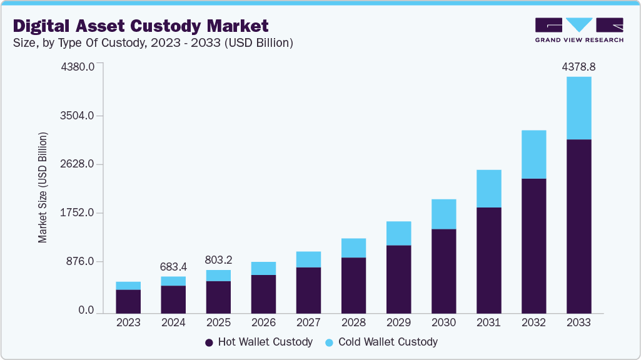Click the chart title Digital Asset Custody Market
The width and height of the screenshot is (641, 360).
click(141, 26)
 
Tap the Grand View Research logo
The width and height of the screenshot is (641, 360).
click(578, 29)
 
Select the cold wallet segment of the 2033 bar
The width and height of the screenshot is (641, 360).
click(578, 107)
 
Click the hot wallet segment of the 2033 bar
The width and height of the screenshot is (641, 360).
click(578, 225)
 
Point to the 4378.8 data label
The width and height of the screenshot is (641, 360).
click(578, 66)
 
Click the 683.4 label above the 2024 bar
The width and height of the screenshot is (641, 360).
click(173, 266)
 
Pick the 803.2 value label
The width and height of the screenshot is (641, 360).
click(218, 259)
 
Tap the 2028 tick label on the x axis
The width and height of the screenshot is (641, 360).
click(353, 323)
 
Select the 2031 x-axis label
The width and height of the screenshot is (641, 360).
click(488, 323)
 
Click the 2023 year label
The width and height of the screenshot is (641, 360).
click(128, 323)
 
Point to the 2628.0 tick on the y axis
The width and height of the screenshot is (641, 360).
click(77, 164)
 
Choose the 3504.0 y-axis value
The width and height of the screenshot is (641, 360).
click(77, 116)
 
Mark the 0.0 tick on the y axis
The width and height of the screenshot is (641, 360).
click(86, 311)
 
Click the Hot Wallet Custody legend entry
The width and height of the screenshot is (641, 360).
click(258, 342)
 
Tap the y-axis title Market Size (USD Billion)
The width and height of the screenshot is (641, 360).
click(43, 187)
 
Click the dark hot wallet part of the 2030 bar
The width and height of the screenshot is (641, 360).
click(443, 270)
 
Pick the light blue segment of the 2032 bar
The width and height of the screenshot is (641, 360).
click(533, 154)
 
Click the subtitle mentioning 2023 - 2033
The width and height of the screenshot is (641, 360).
click(153, 43)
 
